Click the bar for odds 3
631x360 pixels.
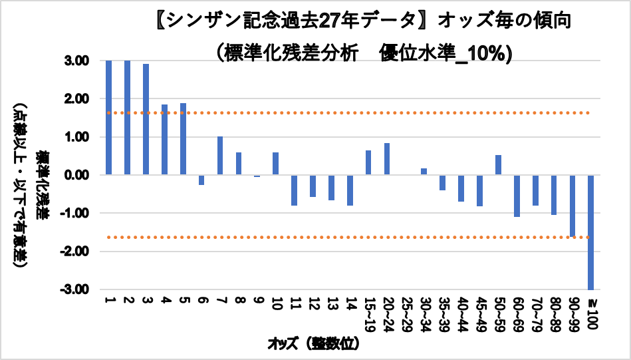click(146, 119)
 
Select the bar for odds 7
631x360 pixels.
click(220, 156)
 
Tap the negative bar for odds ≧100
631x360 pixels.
click(590, 232)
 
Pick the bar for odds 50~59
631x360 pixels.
click(498, 165)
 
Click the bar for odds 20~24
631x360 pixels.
click(386, 159)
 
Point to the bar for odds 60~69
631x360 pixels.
click(517, 196)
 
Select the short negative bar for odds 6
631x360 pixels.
click(201, 180)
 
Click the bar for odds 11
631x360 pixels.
click(294, 190)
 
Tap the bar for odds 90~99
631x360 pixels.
click(572, 206)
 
